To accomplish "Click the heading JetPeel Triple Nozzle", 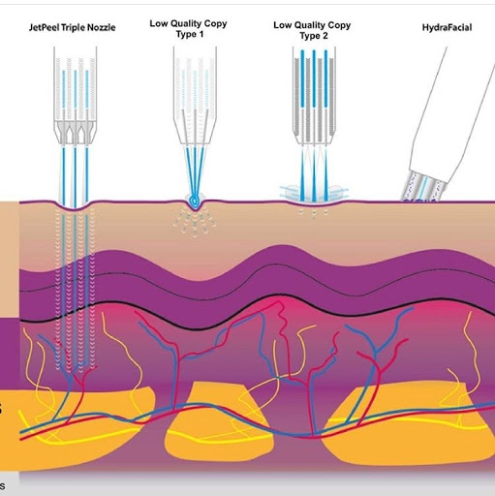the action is pyautogui.click(x=73, y=27).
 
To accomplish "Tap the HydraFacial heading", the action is pyautogui.click(x=447, y=27).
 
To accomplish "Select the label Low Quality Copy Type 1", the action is pyautogui.click(x=189, y=29).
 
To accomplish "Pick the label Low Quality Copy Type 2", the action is pyautogui.click(x=312, y=30).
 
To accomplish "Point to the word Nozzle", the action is pyautogui.click(x=103, y=27).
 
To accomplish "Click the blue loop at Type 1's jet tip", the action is pyautogui.click(x=195, y=201).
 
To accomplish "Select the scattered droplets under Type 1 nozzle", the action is pyautogui.click(x=194, y=222).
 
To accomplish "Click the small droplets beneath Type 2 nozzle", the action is pyautogui.click(x=314, y=213).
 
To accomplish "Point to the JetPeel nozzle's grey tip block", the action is pyautogui.click(x=76, y=132).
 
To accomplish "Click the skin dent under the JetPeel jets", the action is pyautogui.click(x=75, y=205).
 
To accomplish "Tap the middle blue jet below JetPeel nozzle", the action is pyautogui.click(x=75, y=177).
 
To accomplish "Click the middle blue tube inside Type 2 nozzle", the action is pyautogui.click(x=314, y=78).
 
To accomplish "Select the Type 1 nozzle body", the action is pyautogui.click(x=195, y=96).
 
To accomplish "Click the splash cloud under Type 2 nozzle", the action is pyautogui.click(x=314, y=193).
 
